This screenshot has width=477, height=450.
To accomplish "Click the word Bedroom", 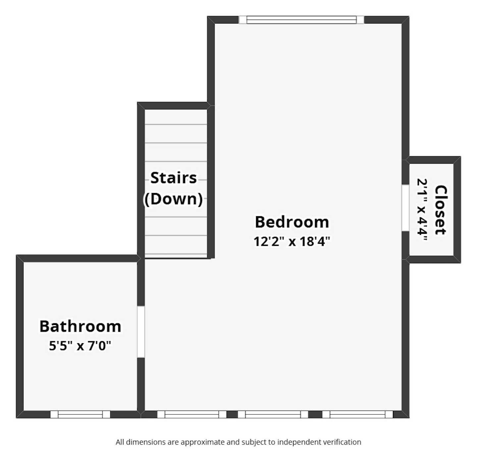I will click(291, 222).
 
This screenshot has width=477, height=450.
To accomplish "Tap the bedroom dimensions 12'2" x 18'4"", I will click(291, 241).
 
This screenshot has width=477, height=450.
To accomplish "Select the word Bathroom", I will click(80, 326).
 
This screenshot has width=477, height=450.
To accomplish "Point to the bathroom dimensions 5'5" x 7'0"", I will click(80, 346).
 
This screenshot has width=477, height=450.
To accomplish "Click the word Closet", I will click(441, 210).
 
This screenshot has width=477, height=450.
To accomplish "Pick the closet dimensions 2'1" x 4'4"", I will click(422, 210).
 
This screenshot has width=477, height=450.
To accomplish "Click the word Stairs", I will click(174, 178).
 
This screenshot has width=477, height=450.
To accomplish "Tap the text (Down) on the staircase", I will click(174, 199).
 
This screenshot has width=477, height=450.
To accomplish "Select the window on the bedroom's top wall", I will click(301, 20).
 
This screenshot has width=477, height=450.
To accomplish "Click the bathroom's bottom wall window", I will click(80, 414).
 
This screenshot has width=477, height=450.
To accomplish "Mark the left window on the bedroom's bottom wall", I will click(191, 414).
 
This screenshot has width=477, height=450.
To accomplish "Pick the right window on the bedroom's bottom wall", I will click(357, 414).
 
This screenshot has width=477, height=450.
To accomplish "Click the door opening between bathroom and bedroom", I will click(141, 332).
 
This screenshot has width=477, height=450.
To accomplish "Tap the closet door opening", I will click(405, 208).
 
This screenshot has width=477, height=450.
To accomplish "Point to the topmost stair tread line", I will click(176, 125).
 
